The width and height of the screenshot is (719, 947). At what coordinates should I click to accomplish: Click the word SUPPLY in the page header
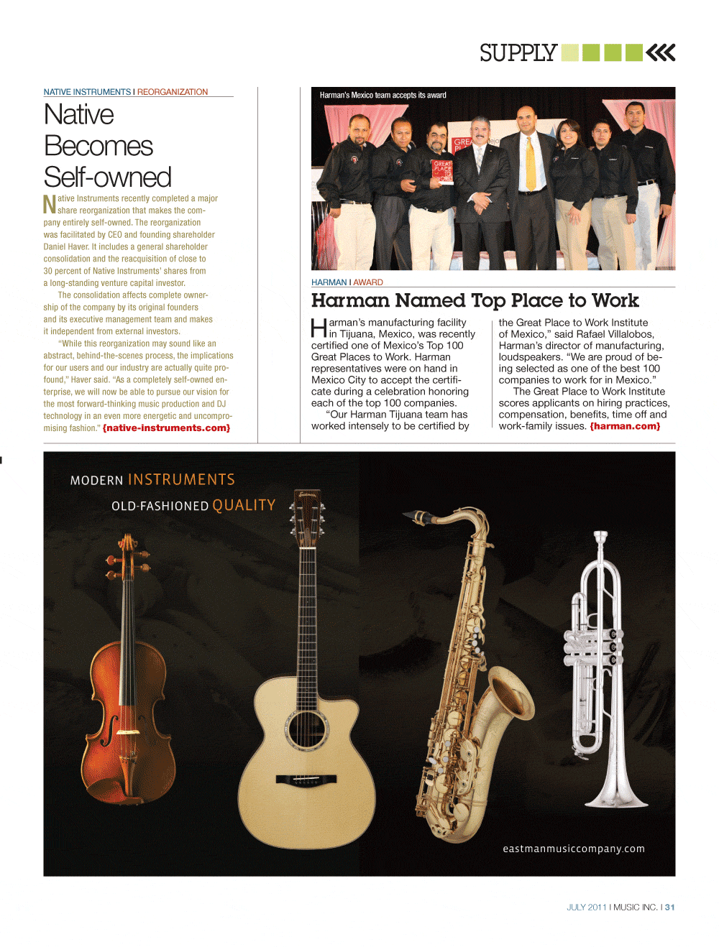(x=518, y=52)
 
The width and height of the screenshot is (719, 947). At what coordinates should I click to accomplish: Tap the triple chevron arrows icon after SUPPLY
(x=661, y=52)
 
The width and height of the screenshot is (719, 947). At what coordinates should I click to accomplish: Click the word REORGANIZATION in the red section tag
(x=173, y=92)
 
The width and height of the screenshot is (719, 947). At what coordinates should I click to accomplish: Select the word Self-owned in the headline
(x=107, y=177)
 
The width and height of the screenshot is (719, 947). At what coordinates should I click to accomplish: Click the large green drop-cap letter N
(x=50, y=205)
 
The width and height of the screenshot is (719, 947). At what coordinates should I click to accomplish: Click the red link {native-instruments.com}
(x=166, y=428)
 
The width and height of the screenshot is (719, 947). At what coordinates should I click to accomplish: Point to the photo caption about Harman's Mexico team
(x=383, y=96)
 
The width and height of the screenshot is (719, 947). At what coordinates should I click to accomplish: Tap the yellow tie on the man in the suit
(x=531, y=163)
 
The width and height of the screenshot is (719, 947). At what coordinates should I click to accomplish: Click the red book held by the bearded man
(x=442, y=172)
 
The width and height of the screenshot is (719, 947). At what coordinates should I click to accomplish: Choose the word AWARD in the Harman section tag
(x=368, y=282)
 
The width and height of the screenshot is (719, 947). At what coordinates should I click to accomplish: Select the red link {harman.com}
(x=625, y=426)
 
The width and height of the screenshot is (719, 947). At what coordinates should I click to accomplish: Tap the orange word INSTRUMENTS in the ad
(x=181, y=479)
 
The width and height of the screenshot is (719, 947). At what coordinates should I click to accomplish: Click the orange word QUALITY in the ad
(x=244, y=505)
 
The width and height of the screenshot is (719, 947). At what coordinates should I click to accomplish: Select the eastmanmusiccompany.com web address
(x=573, y=849)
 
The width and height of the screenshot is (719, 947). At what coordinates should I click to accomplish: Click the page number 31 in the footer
(x=670, y=907)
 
